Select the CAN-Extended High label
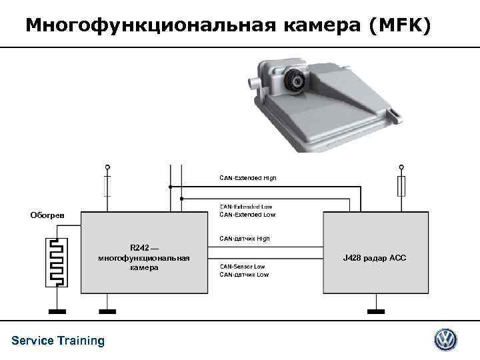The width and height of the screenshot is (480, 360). pyautogui.click(x=248, y=178)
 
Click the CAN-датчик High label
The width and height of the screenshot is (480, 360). pyautogui.click(x=244, y=238)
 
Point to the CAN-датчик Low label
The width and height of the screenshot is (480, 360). pyautogui.click(x=244, y=275)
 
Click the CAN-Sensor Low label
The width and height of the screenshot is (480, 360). pyautogui.click(x=242, y=267)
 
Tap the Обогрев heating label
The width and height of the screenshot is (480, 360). pyautogui.click(x=47, y=215)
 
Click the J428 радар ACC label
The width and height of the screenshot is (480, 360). pyautogui.click(x=374, y=257)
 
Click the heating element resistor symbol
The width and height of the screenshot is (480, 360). pyautogui.click(x=57, y=263)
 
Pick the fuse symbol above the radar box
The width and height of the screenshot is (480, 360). pyautogui.click(x=400, y=186)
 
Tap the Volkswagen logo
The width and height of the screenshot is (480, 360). pyautogui.click(x=445, y=340)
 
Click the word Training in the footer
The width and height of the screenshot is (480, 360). pyautogui.click(x=81, y=341)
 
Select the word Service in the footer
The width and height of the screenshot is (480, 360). pyautogui.click(x=33, y=341)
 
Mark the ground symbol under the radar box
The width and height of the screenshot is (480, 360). pyautogui.click(x=377, y=311)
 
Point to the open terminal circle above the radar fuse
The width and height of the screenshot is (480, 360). pyautogui.click(x=400, y=167)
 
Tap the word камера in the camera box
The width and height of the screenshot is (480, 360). pyautogui.click(x=144, y=267)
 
